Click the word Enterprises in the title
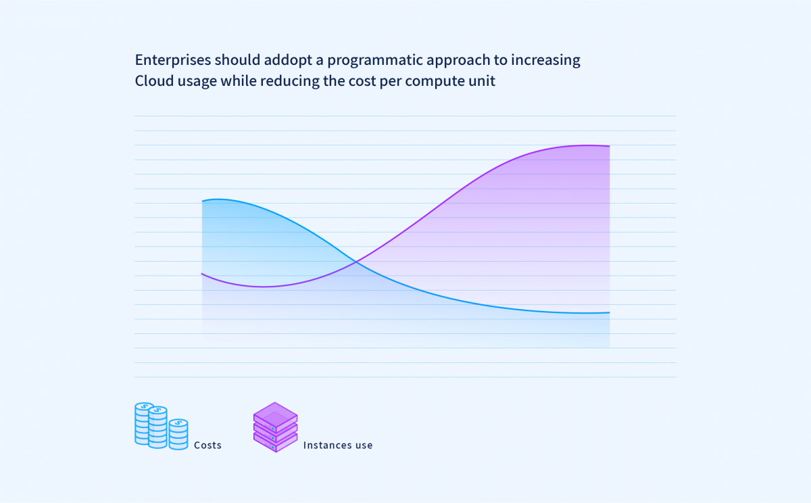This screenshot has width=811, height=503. click(x=173, y=60)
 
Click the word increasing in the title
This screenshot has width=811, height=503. click(x=545, y=60)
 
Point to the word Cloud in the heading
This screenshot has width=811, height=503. click(x=154, y=80)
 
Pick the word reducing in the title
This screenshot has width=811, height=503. click(x=290, y=80)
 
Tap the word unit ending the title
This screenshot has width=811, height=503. click(x=482, y=80)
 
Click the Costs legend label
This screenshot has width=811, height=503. click(x=207, y=445)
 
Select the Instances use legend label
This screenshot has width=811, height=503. click(x=338, y=445)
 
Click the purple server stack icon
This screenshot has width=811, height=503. click(x=276, y=427)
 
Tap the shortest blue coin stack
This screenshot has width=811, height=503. click(x=178, y=434)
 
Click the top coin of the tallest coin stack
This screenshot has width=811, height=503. click(x=157, y=410)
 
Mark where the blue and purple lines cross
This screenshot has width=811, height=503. click(x=356, y=262)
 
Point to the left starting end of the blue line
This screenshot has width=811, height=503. click(x=202, y=201)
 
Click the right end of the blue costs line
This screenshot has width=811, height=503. click(x=610, y=312)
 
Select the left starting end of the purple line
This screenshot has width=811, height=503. click(x=202, y=274)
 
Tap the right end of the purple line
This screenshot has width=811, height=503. click(x=610, y=146)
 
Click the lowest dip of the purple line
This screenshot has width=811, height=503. click(x=264, y=287)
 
